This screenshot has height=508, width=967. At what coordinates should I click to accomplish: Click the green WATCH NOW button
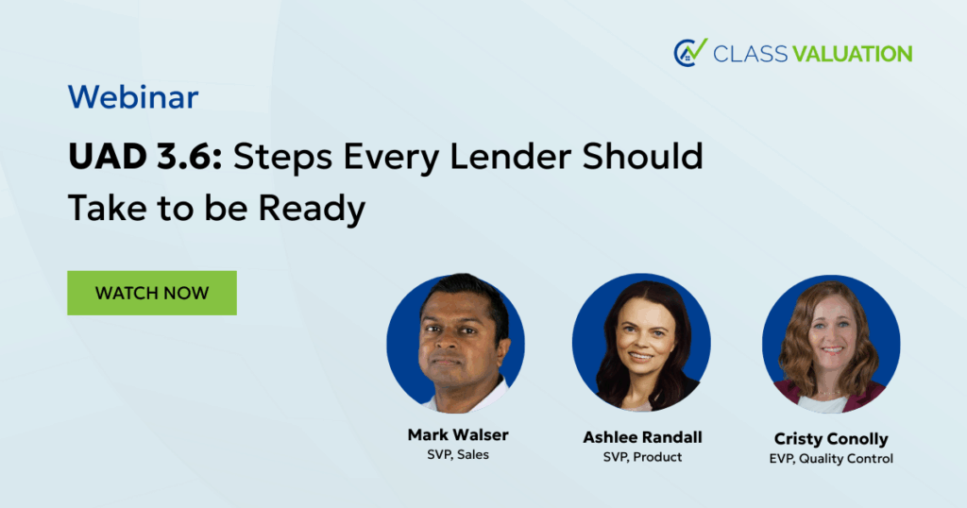pos(152,293)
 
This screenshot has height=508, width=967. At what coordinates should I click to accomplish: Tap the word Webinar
pos(133,97)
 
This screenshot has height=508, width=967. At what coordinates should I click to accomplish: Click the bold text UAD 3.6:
pos(145,156)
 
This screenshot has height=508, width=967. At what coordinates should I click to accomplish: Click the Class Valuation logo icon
pos(690,52)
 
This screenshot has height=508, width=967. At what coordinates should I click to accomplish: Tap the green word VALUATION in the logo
pos(853,54)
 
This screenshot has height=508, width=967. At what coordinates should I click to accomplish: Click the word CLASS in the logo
pos(750,54)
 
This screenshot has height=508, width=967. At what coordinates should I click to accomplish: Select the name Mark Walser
pos(458,434)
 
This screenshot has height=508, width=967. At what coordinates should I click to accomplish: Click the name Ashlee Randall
pos(642,437)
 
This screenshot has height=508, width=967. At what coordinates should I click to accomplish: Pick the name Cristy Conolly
pos(831,439)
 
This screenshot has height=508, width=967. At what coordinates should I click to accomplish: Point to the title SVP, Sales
pos(458,454)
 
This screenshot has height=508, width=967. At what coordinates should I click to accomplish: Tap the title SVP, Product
pos(642,457)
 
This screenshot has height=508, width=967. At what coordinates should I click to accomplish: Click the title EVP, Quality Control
pos(831,459)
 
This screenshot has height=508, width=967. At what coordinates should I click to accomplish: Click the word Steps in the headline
pos(283,157)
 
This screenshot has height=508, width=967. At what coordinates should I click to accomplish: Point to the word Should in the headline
pos(642,156)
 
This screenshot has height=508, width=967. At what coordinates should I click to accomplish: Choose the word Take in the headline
pos(107,209)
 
